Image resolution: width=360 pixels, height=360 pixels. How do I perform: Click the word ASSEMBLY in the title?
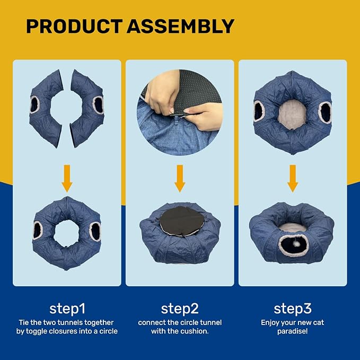[181, 27]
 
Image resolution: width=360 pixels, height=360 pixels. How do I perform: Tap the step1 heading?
[67, 309]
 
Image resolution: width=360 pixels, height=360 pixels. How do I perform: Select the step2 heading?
[180, 309]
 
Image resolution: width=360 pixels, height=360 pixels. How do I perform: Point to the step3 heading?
[292, 309]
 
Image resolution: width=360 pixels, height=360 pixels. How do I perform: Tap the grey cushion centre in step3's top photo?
[292, 113]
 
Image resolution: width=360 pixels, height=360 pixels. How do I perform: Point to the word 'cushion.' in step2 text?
[198, 331]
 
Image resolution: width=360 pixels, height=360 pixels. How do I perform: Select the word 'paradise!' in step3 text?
[292, 331]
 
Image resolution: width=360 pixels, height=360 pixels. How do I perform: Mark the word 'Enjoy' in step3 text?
[271, 322]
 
